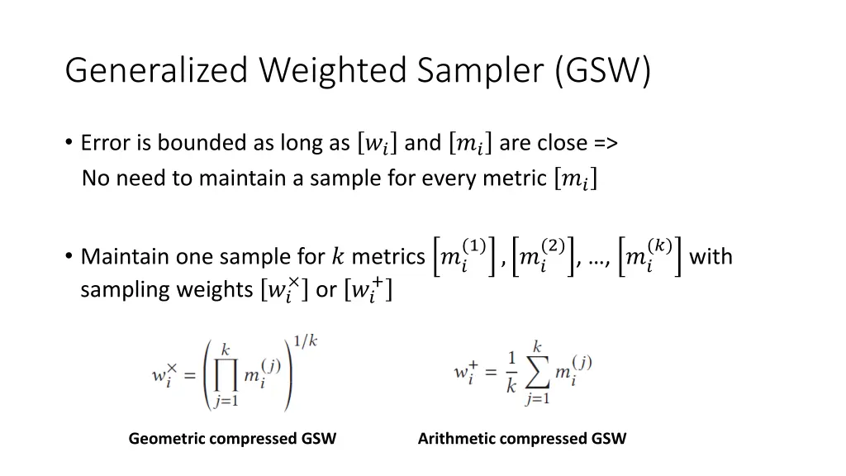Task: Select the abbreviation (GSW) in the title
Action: pyautogui.click(x=603, y=71)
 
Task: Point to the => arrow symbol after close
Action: pyautogui.click(x=604, y=143)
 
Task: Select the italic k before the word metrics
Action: pyautogui.click(x=338, y=257)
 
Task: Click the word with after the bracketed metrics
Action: pyautogui.click(x=711, y=257)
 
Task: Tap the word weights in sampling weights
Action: pyautogui.click(x=217, y=291)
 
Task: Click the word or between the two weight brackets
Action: pyautogui.click(x=326, y=291)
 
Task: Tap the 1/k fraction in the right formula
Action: pyautogui.click(x=511, y=373)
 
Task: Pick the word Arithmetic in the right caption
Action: pyautogui.click(x=456, y=439)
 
